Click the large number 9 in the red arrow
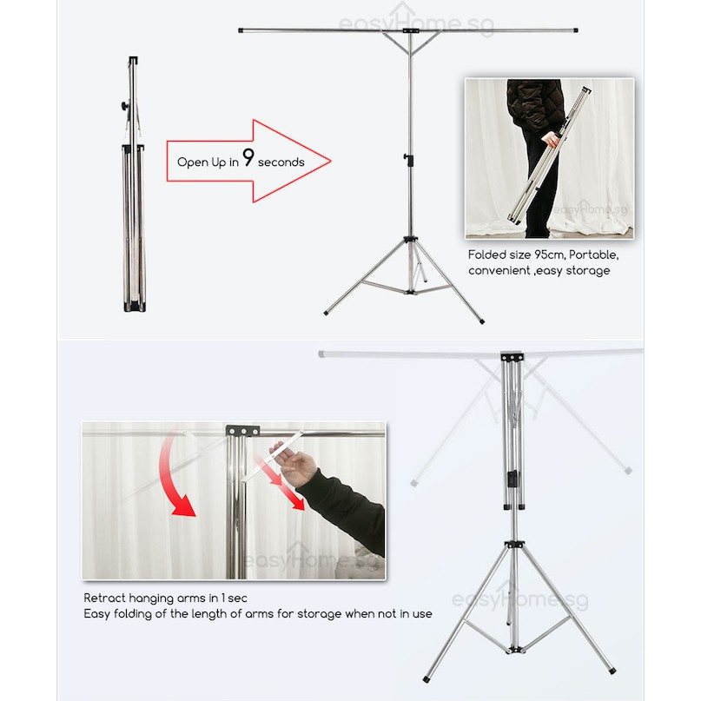248,157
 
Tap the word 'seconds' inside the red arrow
281,162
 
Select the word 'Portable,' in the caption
594,255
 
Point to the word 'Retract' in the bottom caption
103,598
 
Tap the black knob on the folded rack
125,106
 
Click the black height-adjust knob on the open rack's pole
407,158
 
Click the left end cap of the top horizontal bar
241,30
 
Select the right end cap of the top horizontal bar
575,30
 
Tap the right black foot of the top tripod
481,321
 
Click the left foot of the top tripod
326,313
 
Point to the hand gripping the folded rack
552,140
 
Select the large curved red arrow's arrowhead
183,506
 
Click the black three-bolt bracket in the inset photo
242,431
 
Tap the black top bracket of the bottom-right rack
512,357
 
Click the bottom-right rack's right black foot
612,671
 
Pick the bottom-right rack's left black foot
427,678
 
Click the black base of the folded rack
135,307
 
